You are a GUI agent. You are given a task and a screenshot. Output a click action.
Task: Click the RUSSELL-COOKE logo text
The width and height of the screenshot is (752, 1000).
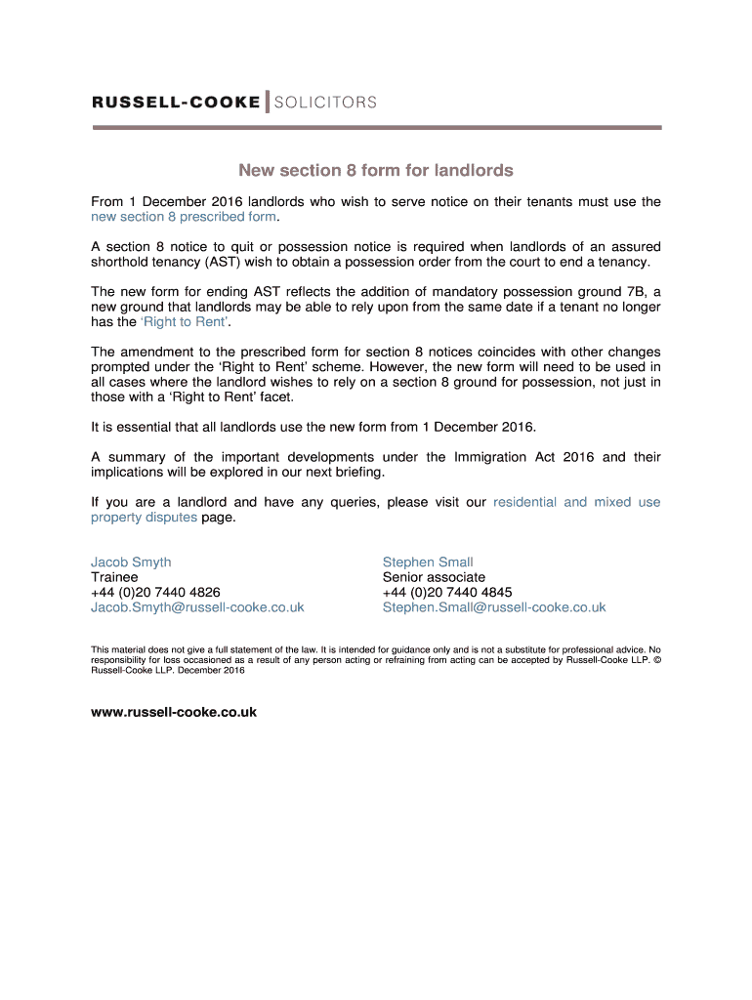tap(176, 103)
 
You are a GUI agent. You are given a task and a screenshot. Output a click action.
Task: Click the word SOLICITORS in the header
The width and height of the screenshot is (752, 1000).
tap(325, 103)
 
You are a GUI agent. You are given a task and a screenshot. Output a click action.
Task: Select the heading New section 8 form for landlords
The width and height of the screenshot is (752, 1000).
tap(376, 170)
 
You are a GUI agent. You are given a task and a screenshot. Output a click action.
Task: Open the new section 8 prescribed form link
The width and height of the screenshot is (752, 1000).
tap(184, 217)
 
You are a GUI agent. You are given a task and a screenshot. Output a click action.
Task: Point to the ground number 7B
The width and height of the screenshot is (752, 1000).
tap(633, 291)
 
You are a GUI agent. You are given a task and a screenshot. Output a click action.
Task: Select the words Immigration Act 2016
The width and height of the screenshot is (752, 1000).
tap(523, 457)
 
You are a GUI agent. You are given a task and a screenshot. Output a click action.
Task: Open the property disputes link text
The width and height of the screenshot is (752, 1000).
tap(144, 518)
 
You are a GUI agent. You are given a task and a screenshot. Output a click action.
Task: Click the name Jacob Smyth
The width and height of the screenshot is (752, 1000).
tap(131, 562)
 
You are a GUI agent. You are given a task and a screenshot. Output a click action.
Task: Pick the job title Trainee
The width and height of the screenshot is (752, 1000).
tap(114, 577)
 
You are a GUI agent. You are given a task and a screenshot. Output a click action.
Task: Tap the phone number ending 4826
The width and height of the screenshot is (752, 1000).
tap(155, 592)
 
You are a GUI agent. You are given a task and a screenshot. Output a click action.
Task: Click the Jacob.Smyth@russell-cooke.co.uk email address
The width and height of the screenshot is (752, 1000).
tap(197, 607)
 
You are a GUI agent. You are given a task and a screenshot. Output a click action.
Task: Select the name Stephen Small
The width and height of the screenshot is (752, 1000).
tap(428, 562)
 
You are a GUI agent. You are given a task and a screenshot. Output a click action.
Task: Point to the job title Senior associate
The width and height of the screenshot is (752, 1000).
tap(434, 577)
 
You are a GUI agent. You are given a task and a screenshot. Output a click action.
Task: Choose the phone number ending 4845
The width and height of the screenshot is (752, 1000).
tap(447, 592)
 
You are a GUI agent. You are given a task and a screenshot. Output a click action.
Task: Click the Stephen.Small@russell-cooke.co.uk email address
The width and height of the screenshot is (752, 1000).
tap(494, 607)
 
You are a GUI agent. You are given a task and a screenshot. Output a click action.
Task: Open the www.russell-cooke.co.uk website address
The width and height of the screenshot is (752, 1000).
tap(174, 712)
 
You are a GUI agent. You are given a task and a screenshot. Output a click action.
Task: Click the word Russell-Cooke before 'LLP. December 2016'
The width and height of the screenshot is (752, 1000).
tap(118, 671)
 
